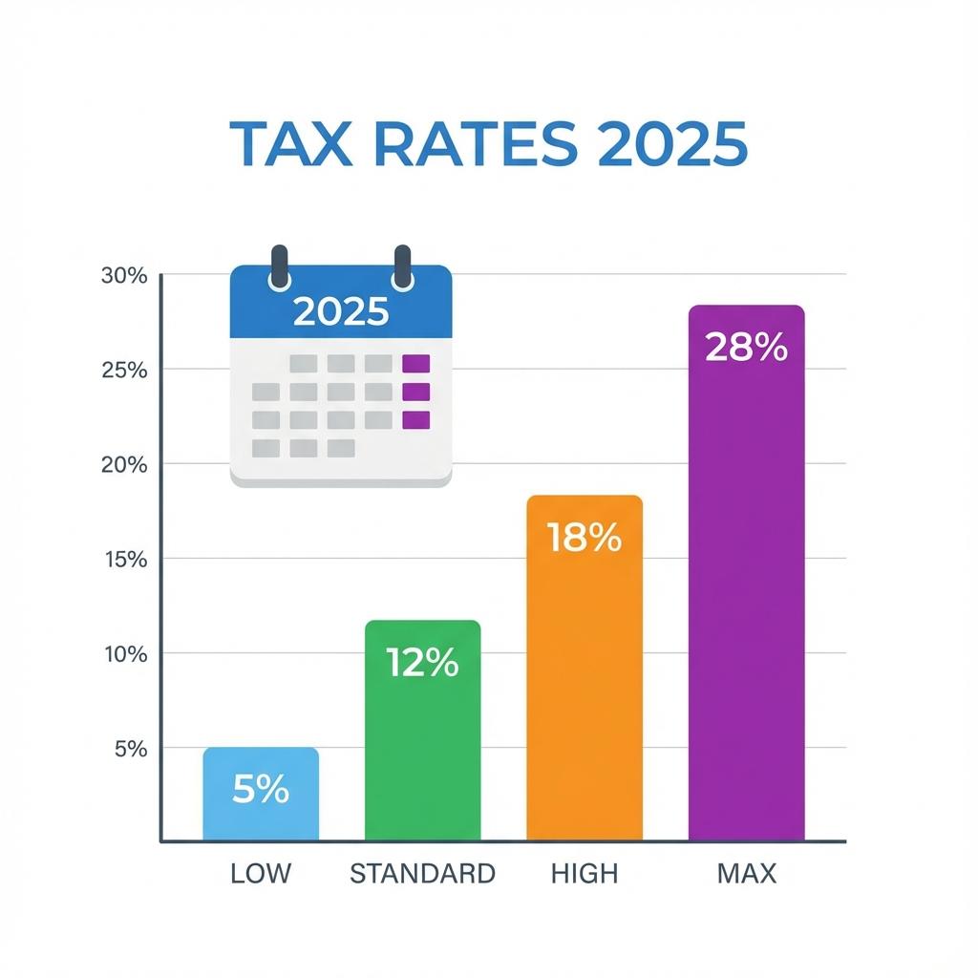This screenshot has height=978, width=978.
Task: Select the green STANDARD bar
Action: coord(422,745)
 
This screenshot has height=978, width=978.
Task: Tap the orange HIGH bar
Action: coord(585,688)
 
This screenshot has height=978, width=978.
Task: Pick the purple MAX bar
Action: coord(746,592)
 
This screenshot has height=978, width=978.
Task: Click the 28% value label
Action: coord(746,348)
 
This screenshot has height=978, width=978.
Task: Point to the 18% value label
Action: coord(585,539)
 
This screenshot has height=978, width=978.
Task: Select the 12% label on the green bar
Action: coord(422,662)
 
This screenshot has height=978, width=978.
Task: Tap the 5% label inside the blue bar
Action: coord(260,790)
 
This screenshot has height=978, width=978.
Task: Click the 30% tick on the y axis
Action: coord(124,276)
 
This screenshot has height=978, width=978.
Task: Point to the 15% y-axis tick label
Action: coord(124,560)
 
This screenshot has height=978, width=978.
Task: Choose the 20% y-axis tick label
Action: coord(124,465)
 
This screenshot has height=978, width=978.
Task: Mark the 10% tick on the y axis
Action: coord(124,655)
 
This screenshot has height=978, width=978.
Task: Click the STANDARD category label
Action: coord(422,873)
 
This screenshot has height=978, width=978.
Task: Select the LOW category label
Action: coord(260,873)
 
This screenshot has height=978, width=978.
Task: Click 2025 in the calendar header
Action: coord(341,312)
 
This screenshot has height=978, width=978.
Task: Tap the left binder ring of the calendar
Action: coord(279,266)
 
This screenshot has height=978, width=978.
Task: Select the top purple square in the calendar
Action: coord(416,363)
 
